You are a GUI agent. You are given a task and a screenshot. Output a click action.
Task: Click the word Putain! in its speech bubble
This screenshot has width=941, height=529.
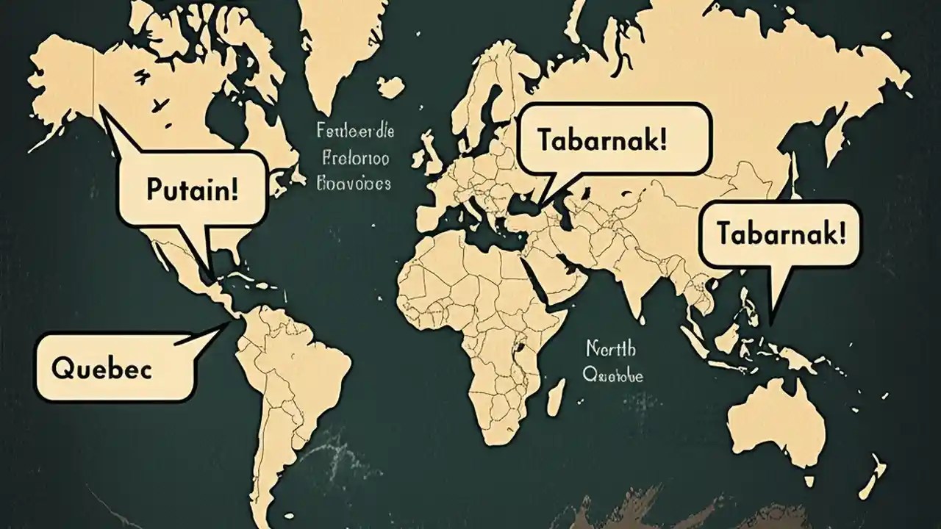(192, 189)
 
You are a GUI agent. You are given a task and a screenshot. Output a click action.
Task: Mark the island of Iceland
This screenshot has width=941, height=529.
(390, 87)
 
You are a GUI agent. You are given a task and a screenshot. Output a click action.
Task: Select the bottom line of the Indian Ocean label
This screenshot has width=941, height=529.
(612, 375)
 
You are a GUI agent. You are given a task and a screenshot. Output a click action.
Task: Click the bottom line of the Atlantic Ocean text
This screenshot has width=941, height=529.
(353, 184)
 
